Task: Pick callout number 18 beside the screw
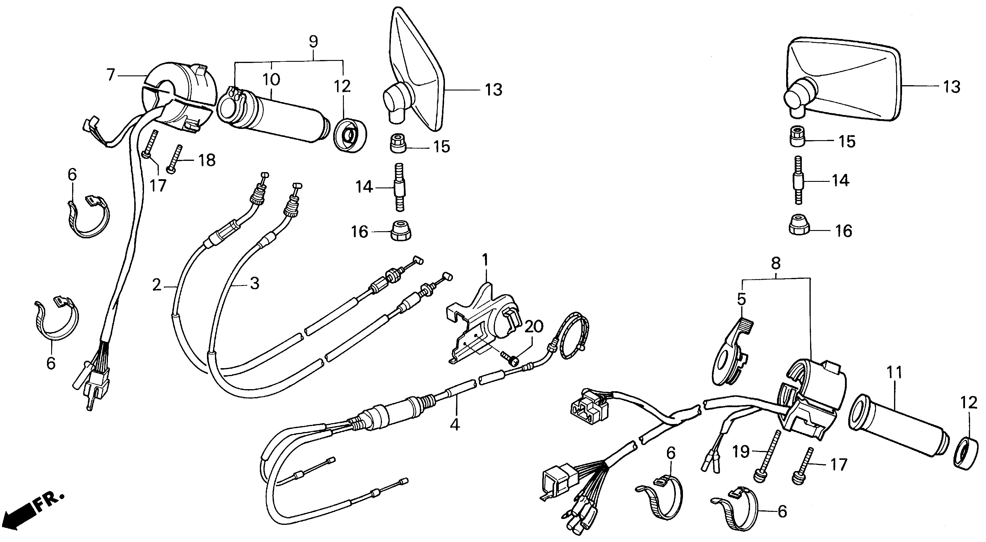[x=207, y=160]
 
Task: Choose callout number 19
[x=741, y=452]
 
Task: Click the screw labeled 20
[x=509, y=359]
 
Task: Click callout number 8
[x=775, y=264]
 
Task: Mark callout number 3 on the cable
[x=254, y=283]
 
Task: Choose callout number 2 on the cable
[x=157, y=285]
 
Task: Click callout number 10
[x=271, y=80]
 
